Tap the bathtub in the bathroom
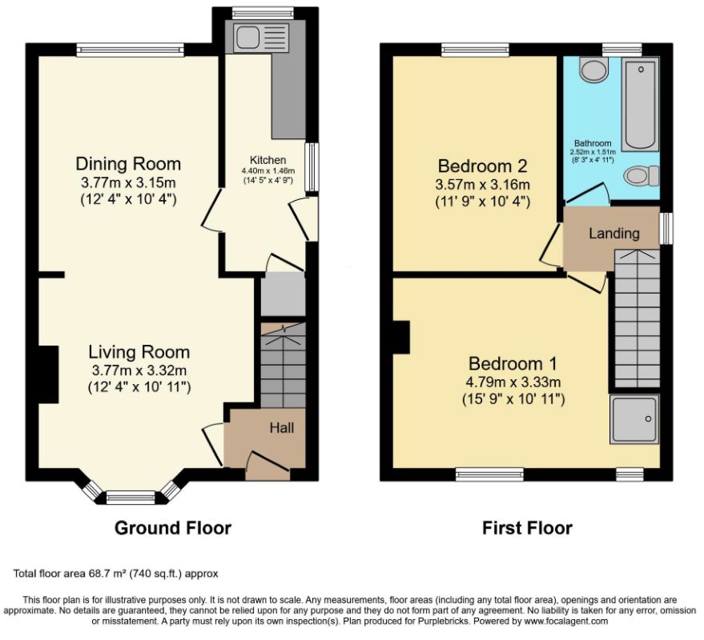(x=641, y=105)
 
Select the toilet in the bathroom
(x=642, y=175)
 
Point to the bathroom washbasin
(x=594, y=70)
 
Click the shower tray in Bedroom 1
(x=634, y=419)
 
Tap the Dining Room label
(x=128, y=164)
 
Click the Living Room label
(x=139, y=352)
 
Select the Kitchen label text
(x=268, y=160)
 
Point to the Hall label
(x=282, y=427)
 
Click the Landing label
(x=614, y=234)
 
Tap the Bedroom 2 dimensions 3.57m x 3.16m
(x=483, y=184)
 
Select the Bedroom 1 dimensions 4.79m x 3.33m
(x=513, y=382)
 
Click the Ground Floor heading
(x=173, y=528)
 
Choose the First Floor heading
(x=527, y=528)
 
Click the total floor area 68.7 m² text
(x=116, y=573)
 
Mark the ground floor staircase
(x=284, y=365)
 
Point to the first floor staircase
(x=637, y=318)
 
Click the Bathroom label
(x=593, y=143)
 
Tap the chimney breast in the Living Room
(x=49, y=374)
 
